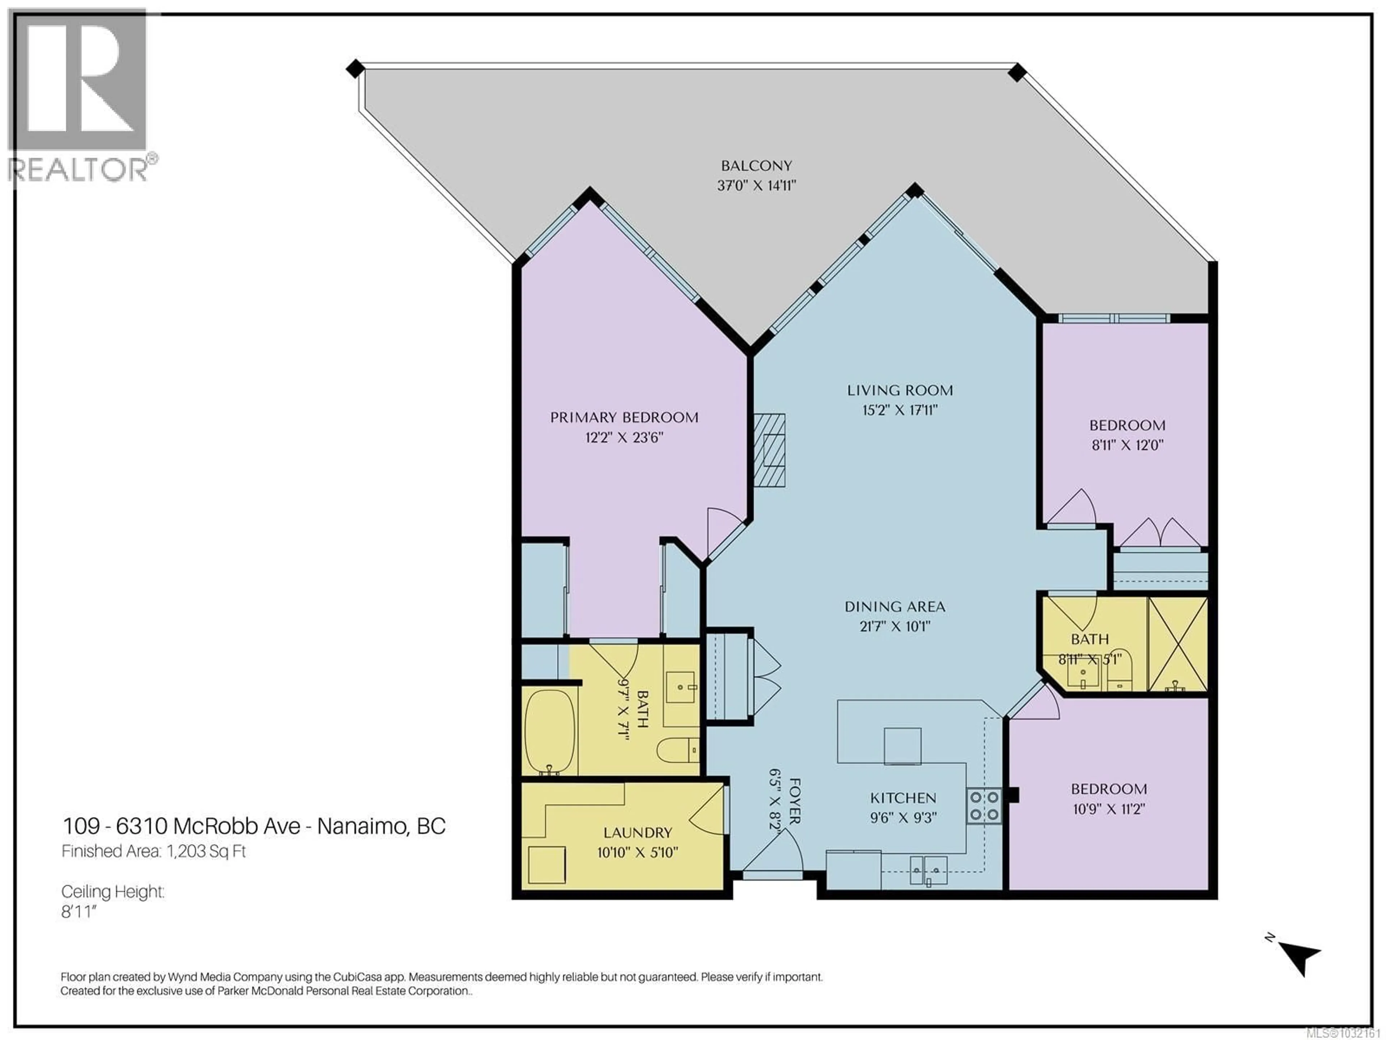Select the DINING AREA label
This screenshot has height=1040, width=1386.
[895, 607]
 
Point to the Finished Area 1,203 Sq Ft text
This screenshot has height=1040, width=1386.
[153, 851]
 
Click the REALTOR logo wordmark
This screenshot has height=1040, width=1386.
[78, 169]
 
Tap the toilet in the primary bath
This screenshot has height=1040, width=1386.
[677, 749]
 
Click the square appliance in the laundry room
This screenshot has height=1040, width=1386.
[546, 864]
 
